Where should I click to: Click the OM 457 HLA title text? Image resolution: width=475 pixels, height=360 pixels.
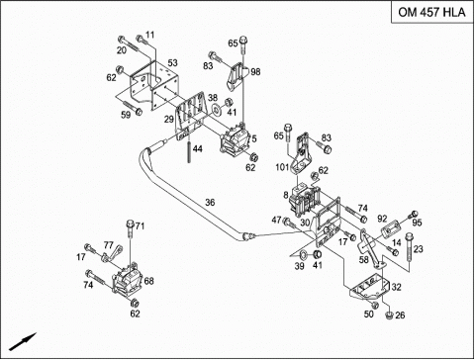point(431,12)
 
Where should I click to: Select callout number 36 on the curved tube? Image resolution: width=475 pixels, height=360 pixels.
point(210,202)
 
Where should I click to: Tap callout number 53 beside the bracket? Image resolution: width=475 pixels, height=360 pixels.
point(172,62)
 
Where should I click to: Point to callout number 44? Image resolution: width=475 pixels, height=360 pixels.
point(198,149)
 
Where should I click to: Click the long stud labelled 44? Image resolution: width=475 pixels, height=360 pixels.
point(189,151)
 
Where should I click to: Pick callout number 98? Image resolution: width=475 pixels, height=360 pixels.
point(255,71)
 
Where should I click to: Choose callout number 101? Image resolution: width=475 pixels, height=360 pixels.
point(282,167)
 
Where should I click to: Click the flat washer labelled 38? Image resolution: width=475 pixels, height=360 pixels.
point(217,108)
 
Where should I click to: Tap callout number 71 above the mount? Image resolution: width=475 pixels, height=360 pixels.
point(141,226)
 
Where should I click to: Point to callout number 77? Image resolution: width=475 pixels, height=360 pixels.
point(109,245)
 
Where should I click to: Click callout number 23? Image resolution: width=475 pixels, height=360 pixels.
point(418,249)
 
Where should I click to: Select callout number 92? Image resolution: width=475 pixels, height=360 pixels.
point(382,219)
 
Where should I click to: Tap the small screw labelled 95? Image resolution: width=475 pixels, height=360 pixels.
point(413,215)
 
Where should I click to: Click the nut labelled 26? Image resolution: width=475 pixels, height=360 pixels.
point(389,315)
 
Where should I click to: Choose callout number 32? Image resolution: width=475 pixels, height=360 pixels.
point(396,287)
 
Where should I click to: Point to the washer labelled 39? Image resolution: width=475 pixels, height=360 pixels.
point(303,255)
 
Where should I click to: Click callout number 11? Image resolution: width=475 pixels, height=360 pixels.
point(150,35)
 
